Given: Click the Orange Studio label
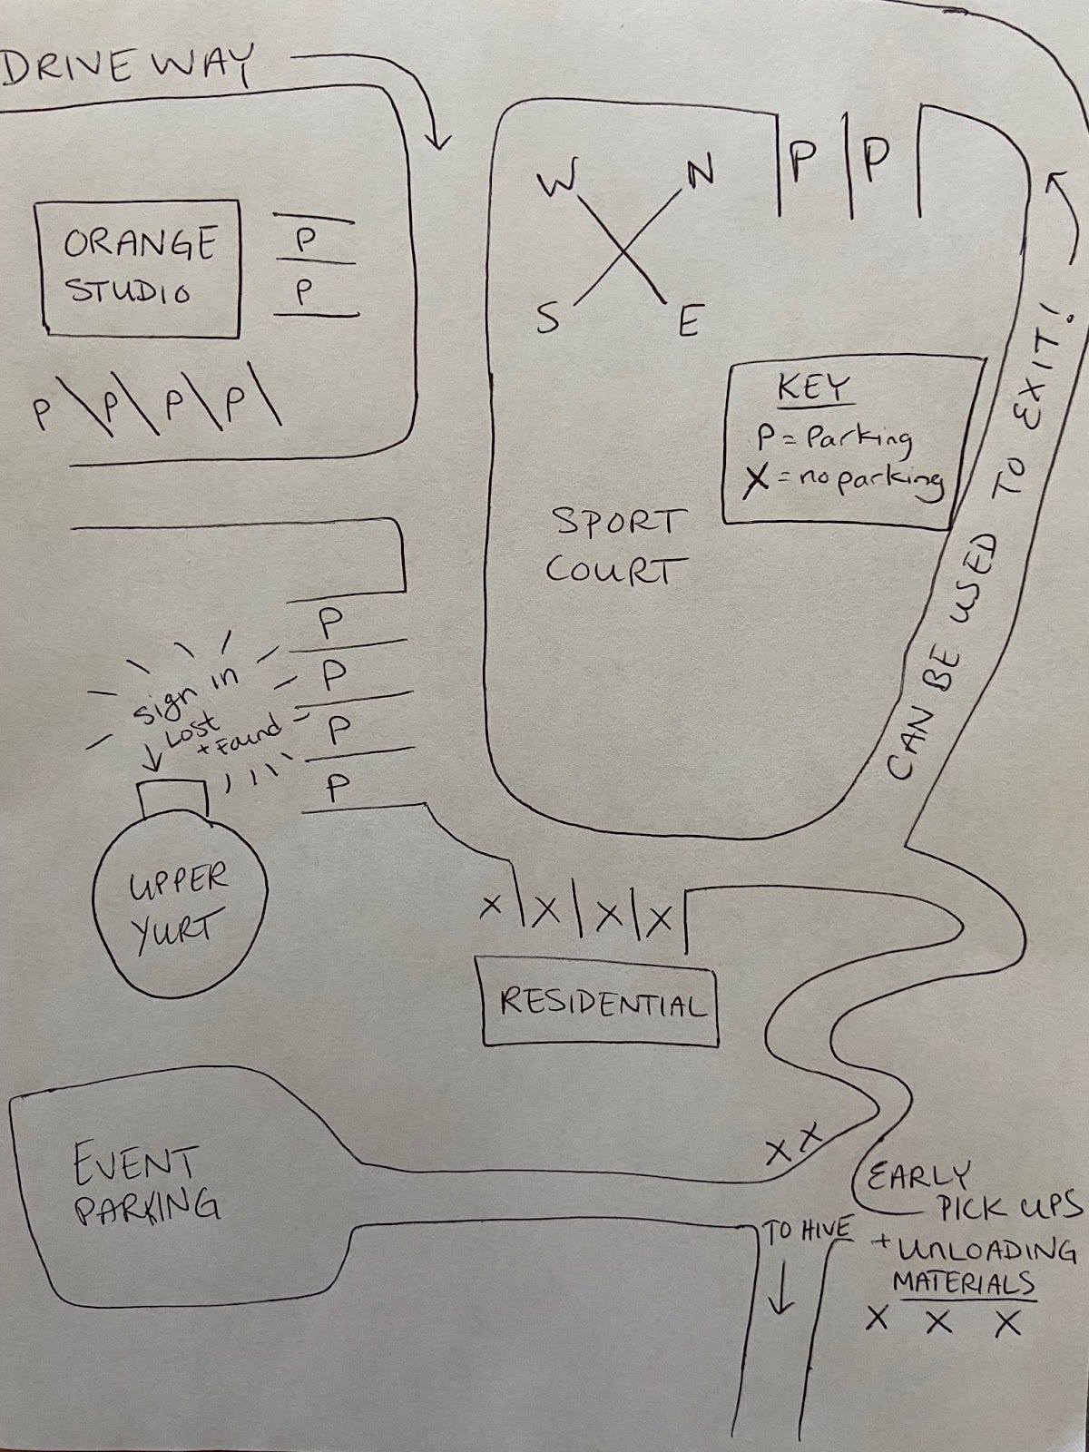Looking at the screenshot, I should tap(138, 267).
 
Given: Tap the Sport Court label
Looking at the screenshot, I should tap(614, 546).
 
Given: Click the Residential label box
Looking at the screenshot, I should tap(600, 1006).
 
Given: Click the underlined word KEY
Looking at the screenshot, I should tap(813, 389).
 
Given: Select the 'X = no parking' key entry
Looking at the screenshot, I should tap(842, 480).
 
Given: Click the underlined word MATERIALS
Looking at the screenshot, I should tap(964, 1283).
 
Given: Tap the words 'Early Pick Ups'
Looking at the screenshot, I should tap(971, 1191).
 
